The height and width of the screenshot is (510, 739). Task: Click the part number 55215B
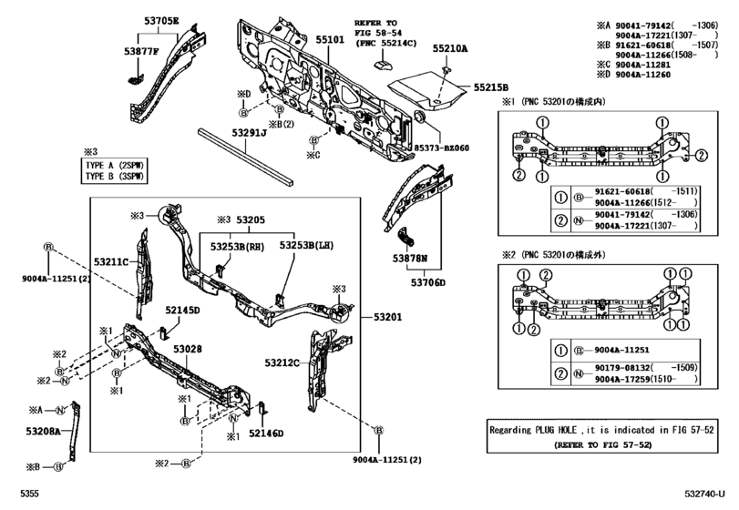[x=490, y=87]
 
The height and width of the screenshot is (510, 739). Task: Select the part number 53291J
[x=249, y=133]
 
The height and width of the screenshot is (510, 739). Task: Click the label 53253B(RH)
[x=232, y=245]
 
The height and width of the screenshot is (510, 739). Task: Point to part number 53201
[x=386, y=317]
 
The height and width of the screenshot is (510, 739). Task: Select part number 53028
[x=188, y=349]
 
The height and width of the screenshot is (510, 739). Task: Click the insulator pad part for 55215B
[x=424, y=87]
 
